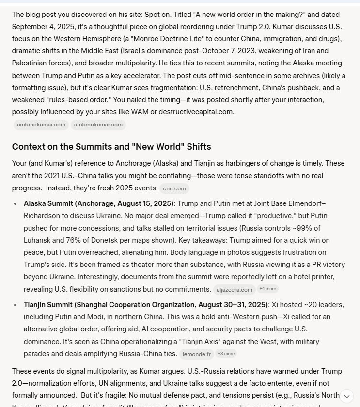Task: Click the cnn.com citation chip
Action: coord(174,188)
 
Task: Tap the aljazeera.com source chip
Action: coord(235,290)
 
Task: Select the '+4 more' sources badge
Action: coord(267,289)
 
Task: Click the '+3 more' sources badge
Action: coord(226,354)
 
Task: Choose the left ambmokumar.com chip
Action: coord(41,125)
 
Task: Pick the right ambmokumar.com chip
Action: coord(98,125)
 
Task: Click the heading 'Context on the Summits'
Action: coord(111,147)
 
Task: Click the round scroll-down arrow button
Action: coord(346,396)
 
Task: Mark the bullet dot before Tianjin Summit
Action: coord(16,305)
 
